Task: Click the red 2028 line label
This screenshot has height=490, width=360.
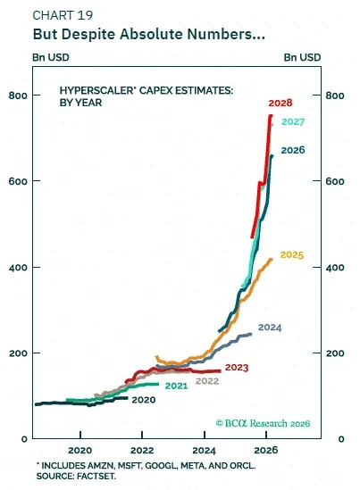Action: click(x=280, y=103)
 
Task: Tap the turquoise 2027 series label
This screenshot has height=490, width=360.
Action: click(x=293, y=121)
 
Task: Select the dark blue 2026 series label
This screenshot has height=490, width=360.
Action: click(x=293, y=150)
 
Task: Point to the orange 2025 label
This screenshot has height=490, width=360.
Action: click(x=292, y=254)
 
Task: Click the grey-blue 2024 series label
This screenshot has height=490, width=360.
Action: click(x=270, y=328)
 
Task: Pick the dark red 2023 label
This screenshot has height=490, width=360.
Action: click(x=237, y=367)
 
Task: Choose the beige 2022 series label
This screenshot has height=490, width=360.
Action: click(x=207, y=381)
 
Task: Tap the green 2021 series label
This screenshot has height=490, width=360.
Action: click(x=176, y=386)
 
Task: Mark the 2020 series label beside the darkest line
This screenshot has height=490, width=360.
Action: click(x=144, y=400)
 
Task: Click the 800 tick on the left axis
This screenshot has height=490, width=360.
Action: click(x=18, y=96)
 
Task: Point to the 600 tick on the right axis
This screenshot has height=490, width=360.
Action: click(x=335, y=181)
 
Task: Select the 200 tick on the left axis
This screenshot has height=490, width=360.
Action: click(x=18, y=353)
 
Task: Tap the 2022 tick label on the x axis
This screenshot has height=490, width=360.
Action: click(x=142, y=451)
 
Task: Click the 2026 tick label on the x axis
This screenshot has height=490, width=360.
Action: click(x=266, y=450)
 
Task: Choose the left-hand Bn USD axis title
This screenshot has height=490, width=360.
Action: click(x=51, y=57)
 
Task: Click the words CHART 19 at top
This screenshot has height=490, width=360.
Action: click(x=63, y=15)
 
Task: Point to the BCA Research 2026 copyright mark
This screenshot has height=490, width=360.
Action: click(x=263, y=423)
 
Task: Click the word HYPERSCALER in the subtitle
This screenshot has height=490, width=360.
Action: click(x=96, y=90)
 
